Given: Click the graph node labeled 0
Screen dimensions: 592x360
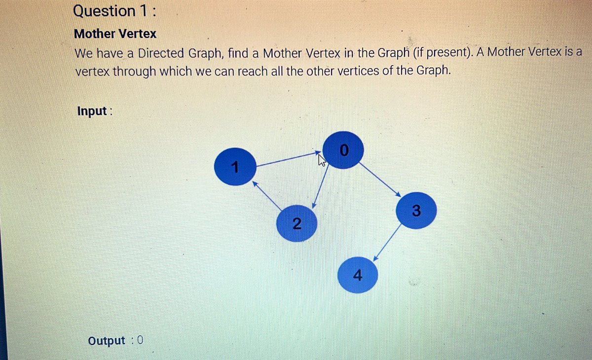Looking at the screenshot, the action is (344, 150).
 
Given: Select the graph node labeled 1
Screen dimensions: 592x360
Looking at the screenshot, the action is (235, 167).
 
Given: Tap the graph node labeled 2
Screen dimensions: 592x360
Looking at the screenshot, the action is (296, 223).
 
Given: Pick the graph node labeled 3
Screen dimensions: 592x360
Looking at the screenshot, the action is (415, 211).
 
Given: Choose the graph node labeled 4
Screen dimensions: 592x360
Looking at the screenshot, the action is (358, 275).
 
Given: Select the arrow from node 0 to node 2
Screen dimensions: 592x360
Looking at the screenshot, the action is (322, 185).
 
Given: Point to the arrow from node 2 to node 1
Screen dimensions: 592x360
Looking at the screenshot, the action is (268, 196).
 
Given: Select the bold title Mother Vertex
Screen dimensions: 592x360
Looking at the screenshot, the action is (115, 34).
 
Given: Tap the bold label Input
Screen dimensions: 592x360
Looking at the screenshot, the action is (92, 111).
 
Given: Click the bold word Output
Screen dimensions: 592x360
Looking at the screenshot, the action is (107, 340).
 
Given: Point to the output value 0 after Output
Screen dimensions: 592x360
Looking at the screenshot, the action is (140, 340).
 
